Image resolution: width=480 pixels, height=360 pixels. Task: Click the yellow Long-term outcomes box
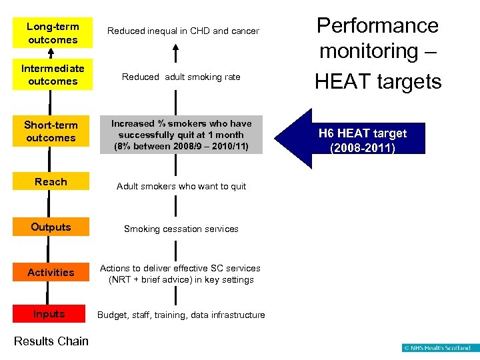pyautogui.click(x=53, y=33)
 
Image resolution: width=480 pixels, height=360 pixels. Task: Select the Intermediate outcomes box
pyautogui.click(x=53, y=75)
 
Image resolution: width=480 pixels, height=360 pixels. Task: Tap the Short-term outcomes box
pyautogui.click(x=51, y=131)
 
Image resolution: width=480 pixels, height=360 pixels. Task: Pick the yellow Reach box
pyautogui.click(x=51, y=182)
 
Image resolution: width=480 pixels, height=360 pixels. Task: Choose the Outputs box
pyautogui.click(x=51, y=227)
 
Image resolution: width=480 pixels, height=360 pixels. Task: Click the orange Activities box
pyautogui.click(x=51, y=272)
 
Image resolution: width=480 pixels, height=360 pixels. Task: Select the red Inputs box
pyautogui.click(x=49, y=314)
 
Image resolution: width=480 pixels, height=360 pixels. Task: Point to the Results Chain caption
pyautogui.click(x=51, y=341)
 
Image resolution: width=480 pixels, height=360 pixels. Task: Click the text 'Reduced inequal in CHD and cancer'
pyautogui.click(x=183, y=31)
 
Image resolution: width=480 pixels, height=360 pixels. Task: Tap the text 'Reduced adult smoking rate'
pyautogui.click(x=181, y=77)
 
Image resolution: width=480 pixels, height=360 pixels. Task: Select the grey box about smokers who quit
pyautogui.click(x=181, y=135)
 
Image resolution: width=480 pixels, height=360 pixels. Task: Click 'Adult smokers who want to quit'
pyautogui.click(x=181, y=187)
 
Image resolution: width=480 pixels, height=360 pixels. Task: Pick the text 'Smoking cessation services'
pyautogui.click(x=181, y=229)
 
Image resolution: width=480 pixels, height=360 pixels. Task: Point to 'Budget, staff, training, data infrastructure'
pyautogui.click(x=181, y=315)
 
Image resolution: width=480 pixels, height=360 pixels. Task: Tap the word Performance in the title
pyautogui.click(x=377, y=25)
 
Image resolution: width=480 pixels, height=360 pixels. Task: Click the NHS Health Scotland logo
pyautogui.click(x=437, y=348)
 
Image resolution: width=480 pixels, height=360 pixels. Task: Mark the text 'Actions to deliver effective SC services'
pyautogui.click(x=180, y=268)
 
